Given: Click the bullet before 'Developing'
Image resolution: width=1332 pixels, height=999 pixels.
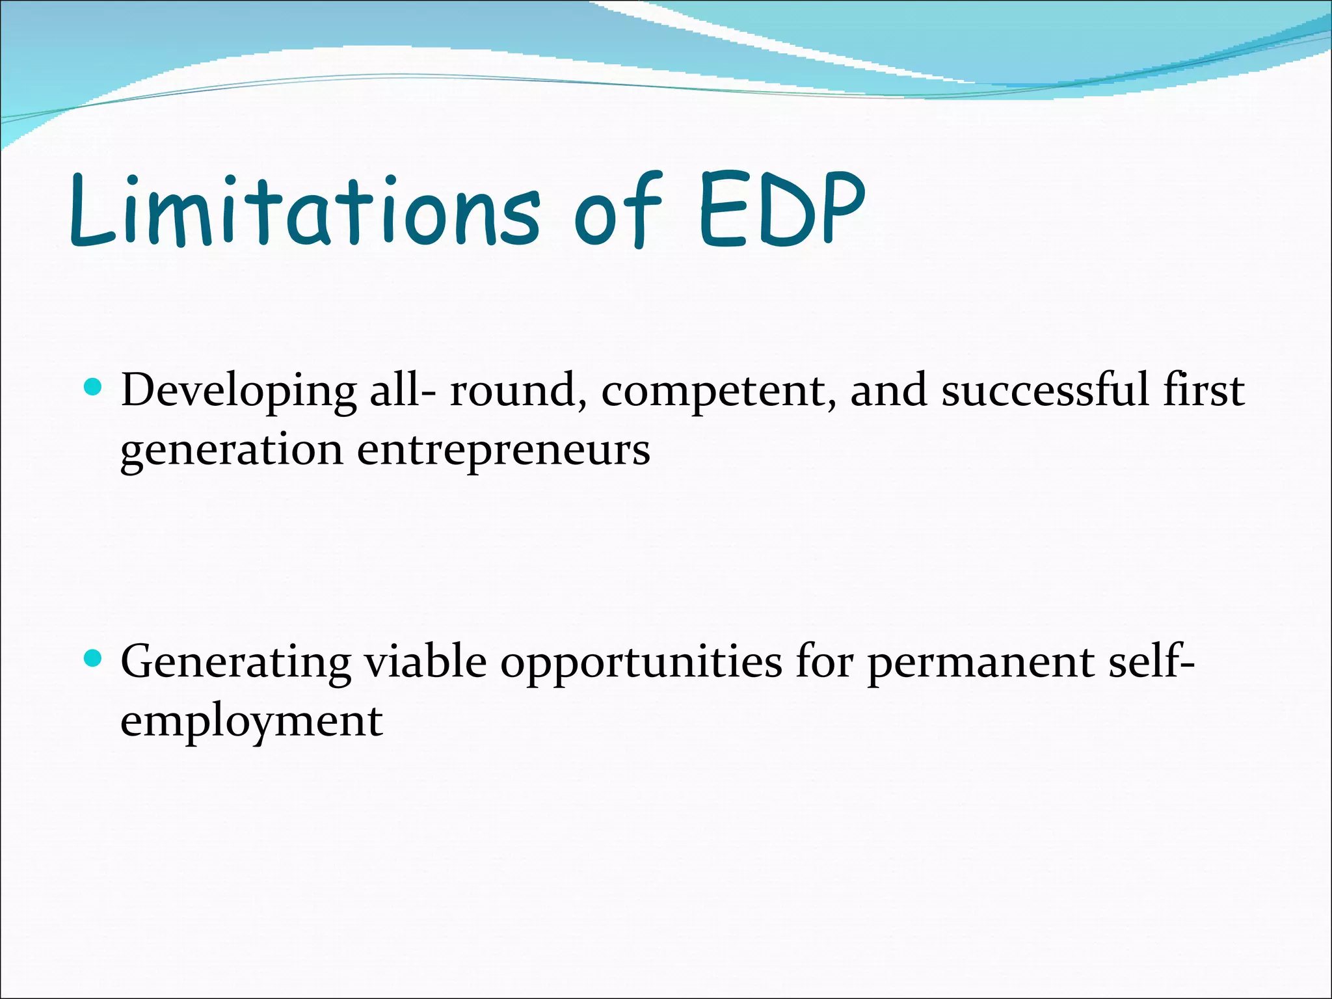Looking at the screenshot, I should [x=94, y=388].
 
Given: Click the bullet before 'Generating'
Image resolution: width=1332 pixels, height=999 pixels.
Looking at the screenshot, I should [x=94, y=659].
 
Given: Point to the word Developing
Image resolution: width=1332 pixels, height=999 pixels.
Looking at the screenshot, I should [x=239, y=392].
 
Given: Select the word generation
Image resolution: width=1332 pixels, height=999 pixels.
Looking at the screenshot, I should [x=232, y=451].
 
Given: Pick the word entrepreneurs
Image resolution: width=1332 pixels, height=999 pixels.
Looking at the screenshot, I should [x=503, y=451].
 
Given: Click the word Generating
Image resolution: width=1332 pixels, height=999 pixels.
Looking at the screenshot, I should [x=235, y=663].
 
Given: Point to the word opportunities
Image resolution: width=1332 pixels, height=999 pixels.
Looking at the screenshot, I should [x=641, y=663].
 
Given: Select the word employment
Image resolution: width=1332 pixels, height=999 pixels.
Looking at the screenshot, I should [x=252, y=722].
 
